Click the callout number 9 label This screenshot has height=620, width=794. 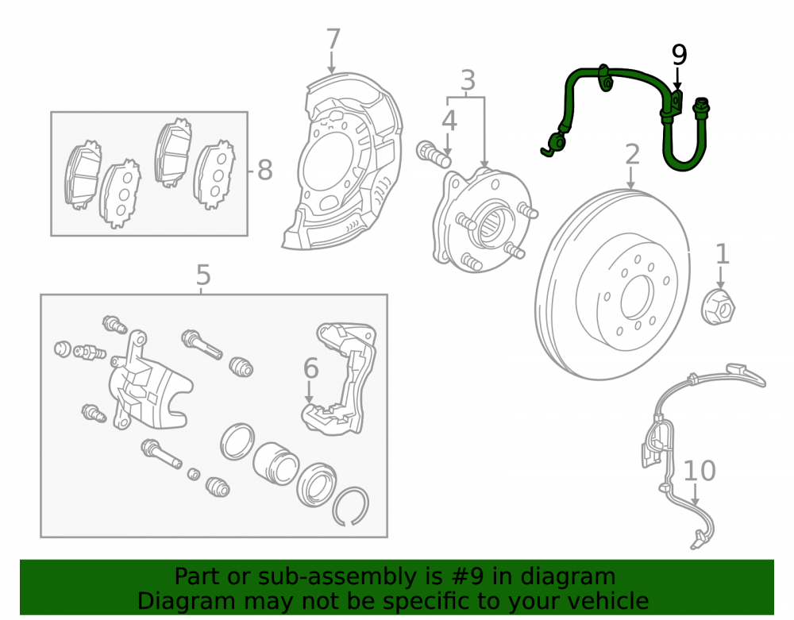679,55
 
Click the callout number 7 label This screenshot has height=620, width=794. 333,39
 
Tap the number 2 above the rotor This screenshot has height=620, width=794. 632,154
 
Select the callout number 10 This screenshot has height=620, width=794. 700,471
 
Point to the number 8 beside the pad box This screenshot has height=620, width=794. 265,170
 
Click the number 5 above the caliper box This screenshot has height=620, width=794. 203,275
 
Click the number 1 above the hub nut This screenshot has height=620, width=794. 722,254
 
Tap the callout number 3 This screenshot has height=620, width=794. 468,80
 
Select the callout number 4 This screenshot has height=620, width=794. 449,121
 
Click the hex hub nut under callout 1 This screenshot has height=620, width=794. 718,306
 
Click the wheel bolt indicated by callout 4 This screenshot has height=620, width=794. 434,154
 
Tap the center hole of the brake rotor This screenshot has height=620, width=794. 637,297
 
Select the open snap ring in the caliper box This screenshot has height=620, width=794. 350,506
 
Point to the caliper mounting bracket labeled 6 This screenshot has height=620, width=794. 339,379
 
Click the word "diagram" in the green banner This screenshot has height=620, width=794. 568,576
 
